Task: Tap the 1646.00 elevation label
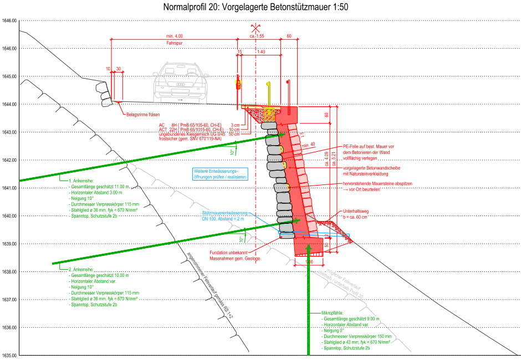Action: (x=9, y=48)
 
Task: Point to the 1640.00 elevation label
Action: (x=9, y=216)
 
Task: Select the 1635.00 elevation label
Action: (x=9, y=355)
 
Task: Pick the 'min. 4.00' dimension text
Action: (x=175, y=36)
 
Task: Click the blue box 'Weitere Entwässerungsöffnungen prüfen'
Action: (x=219, y=173)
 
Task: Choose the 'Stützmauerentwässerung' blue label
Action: (x=224, y=213)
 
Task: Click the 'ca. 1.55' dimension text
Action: (x=257, y=36)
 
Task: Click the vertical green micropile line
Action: (x=308, y=310)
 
